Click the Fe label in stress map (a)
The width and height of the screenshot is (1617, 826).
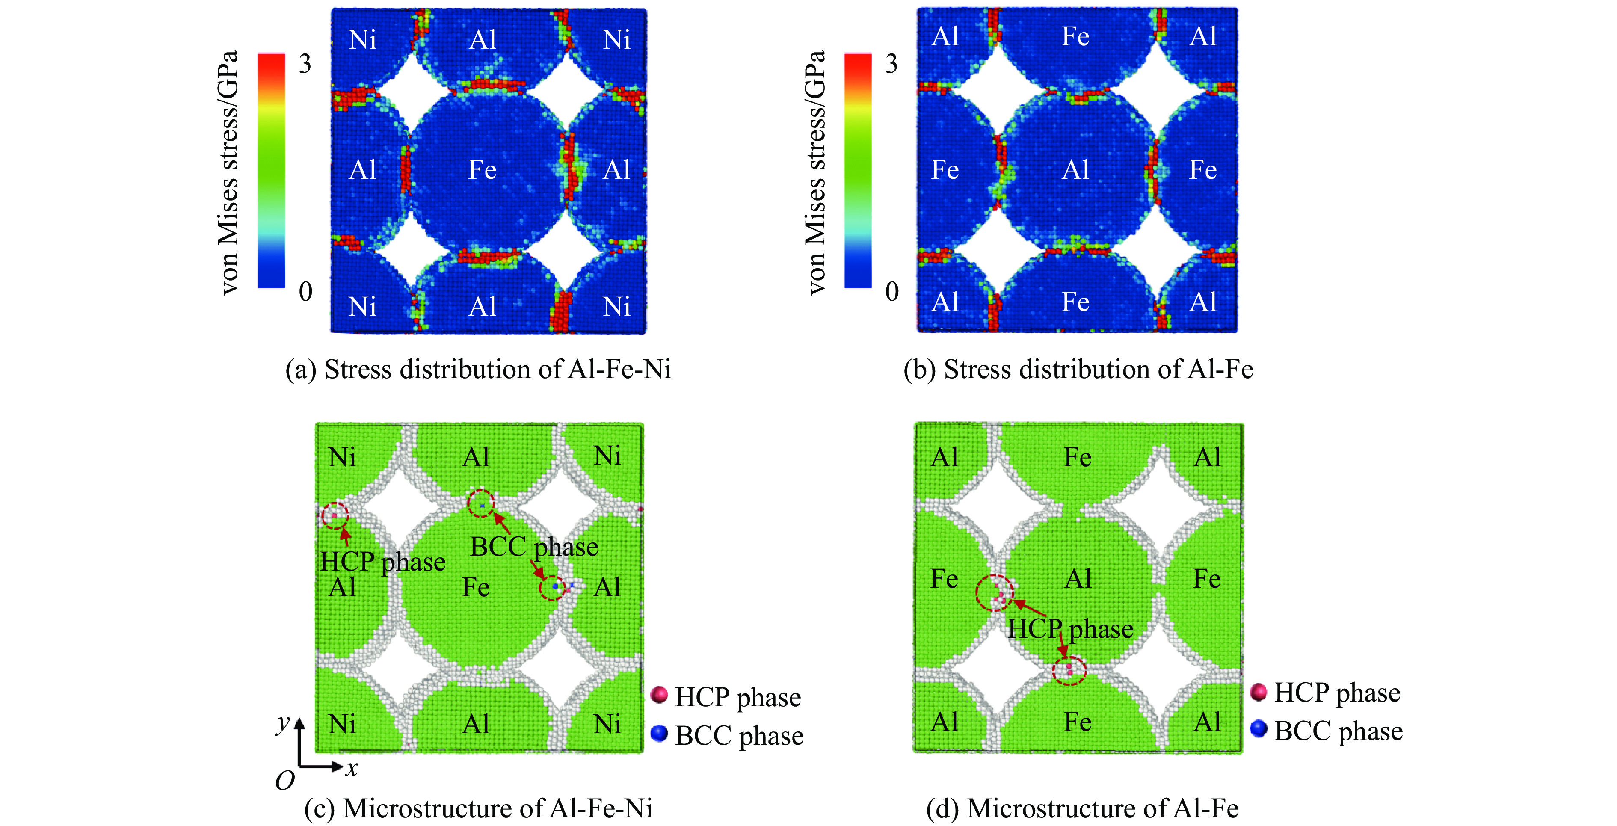point(482,170)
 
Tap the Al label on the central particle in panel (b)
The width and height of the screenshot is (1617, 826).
point(1075,170)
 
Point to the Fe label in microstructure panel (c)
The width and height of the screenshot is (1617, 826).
point(476,587)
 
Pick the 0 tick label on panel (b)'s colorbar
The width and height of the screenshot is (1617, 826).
point(891,291)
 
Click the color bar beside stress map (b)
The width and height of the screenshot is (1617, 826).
point(857,171)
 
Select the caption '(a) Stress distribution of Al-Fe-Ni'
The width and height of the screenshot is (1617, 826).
point(478,369)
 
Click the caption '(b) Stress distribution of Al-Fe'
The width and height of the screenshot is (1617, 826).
point(1078,369)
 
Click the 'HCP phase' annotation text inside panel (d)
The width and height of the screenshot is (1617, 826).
point(1070,629)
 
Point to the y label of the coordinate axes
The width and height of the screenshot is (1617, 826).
point(283,724)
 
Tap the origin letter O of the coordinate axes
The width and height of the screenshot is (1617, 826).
point(285,781)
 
